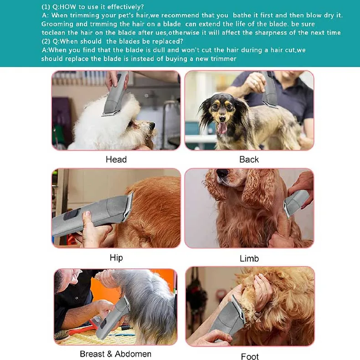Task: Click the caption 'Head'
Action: [116, 159]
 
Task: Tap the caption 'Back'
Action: [249, 159]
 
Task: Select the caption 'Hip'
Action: [116, 258]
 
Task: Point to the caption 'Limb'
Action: [249, 258]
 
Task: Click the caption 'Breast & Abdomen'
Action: [115, 354]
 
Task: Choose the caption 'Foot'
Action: [250, 356]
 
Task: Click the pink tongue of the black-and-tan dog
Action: [222, 128]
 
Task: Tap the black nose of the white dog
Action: [152, 125]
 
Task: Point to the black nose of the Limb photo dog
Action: [222, 173]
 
